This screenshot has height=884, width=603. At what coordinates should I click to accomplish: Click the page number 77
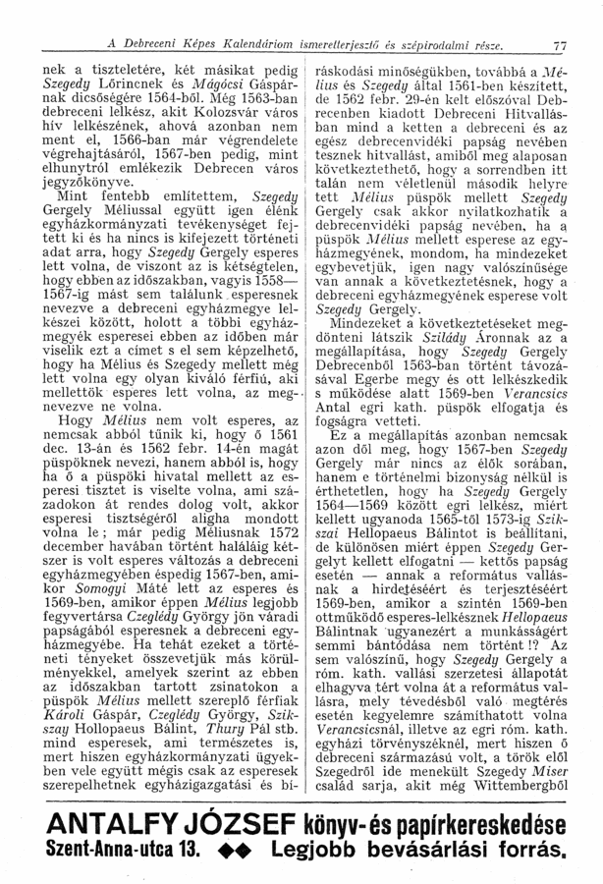tap(561, 46)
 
